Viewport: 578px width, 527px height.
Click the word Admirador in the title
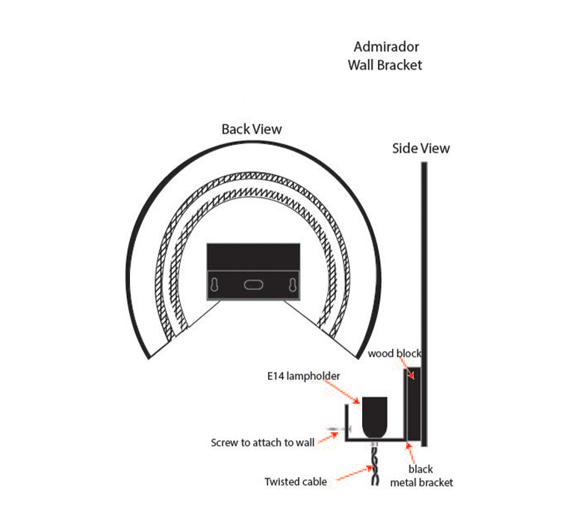click(x=386, y=47)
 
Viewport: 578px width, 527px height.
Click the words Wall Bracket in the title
click(x=385, y=65)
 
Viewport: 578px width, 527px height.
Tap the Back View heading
click(x=252, y=129)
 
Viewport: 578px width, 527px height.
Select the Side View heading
click(x=421, y=148)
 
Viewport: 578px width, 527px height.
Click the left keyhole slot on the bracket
click(x=214, y=286)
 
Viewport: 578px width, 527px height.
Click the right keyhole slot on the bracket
click(x=293, y=286)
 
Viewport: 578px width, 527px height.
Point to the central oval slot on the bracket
click(x=254, y=285)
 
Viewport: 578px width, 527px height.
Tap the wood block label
click(x=394, y=354)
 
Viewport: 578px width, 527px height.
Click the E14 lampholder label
click(x=303, y=376)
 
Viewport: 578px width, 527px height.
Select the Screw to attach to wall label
click(x=262, y=443)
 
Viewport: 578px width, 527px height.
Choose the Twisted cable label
click(x=296, y=481)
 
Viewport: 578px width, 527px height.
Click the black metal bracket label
click(x=421, y=476)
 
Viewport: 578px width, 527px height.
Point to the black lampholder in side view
click(x=375, y=417)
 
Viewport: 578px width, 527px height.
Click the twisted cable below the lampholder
click(x=375, y=465)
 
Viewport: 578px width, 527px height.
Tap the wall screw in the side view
click(x=339, y=429)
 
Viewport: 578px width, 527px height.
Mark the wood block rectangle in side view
click(x=413, y=404)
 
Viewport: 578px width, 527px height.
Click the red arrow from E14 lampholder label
click(x=341, y=392)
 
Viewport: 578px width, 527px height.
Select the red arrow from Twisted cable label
click(x=355, y=473)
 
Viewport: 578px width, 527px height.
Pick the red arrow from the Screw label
click(x=328, y=437)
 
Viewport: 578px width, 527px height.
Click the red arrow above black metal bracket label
click(x=410, y=453)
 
